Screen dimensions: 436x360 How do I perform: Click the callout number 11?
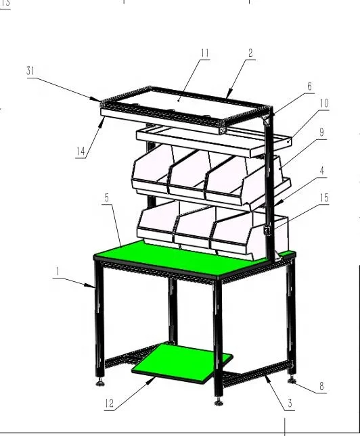pos(205,53)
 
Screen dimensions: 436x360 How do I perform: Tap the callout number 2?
pos(251,53)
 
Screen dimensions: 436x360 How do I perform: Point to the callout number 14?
pos(81,152)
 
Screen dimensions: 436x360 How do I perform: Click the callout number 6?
pos(310,87)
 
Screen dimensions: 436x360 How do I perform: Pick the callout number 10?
pos(324,103)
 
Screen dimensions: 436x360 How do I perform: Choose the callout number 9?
pos(322,134)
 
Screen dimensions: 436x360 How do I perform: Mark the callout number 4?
pos(322,171)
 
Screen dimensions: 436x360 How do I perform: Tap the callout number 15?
pos(324,198)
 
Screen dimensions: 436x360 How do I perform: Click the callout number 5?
pos(107,198)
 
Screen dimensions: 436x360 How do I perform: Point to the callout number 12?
pos(109,405)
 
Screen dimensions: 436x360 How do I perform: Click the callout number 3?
pos(290,404)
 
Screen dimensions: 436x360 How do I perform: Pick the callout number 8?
pos(321,387)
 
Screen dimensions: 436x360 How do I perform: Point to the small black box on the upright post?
pos(267,231)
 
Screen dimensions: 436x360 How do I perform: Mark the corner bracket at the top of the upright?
pos(265,119)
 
